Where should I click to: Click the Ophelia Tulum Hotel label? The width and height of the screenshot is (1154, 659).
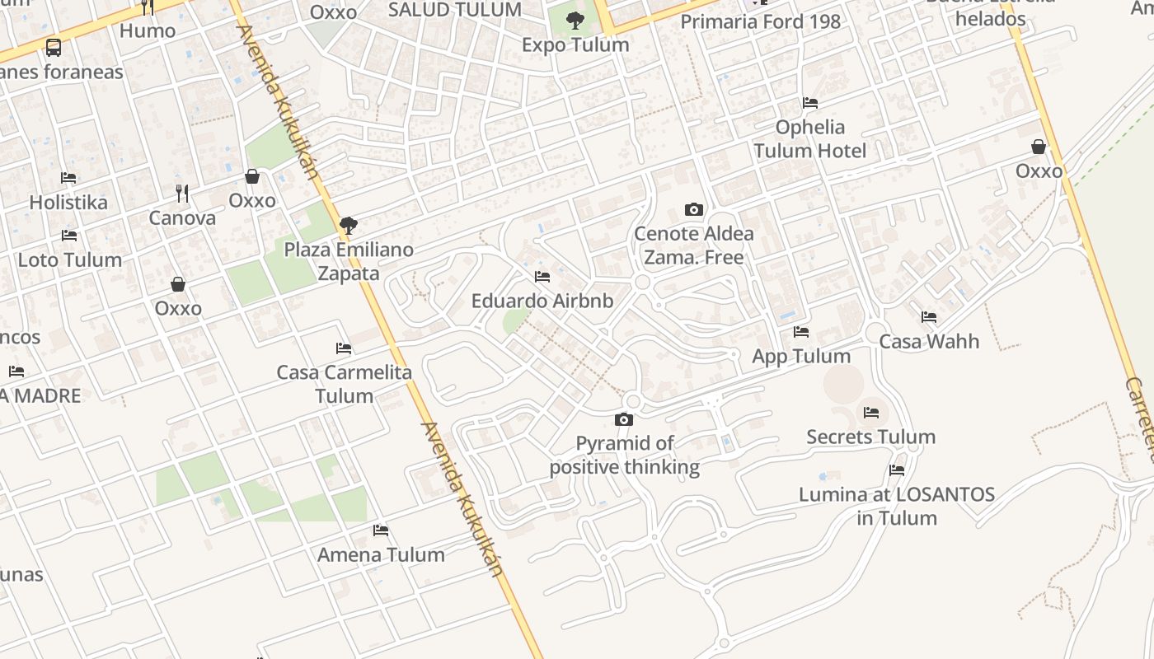pos(810,138)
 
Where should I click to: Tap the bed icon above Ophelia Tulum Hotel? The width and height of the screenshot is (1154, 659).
pos(810,103)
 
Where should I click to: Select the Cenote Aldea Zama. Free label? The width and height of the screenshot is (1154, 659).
pos(693,245)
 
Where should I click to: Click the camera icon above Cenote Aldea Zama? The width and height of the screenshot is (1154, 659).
pos(694,210)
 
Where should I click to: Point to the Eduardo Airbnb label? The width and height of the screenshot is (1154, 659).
pos(542,301)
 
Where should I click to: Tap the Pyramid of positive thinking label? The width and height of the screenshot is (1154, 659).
pos(625,456)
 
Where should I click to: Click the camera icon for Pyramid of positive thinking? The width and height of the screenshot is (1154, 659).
pos(624,420)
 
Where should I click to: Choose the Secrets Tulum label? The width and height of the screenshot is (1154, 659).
pos(871,437)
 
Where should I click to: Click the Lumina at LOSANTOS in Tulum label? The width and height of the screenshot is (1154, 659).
pos(897,507)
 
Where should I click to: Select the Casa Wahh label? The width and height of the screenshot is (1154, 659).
pos(929,341)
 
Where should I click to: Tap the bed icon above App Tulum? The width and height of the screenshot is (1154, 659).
pos(801,332)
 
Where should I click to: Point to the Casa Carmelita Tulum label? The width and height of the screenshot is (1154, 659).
pos(345,384)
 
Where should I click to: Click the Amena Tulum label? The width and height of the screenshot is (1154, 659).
pos(381,554)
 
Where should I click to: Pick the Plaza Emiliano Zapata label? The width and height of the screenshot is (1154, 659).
pos(349,261)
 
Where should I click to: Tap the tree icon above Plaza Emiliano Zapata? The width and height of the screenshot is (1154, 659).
pos(349,224)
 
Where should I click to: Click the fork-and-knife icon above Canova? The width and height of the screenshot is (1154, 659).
pos(182,194)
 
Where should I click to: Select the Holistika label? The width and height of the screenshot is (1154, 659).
pos(68,202)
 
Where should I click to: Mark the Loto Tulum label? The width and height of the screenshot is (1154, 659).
pos(70,260)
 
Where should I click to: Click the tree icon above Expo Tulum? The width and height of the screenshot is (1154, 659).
pos(575,21)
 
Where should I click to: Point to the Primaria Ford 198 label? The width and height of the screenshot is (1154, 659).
pos(760,21)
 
